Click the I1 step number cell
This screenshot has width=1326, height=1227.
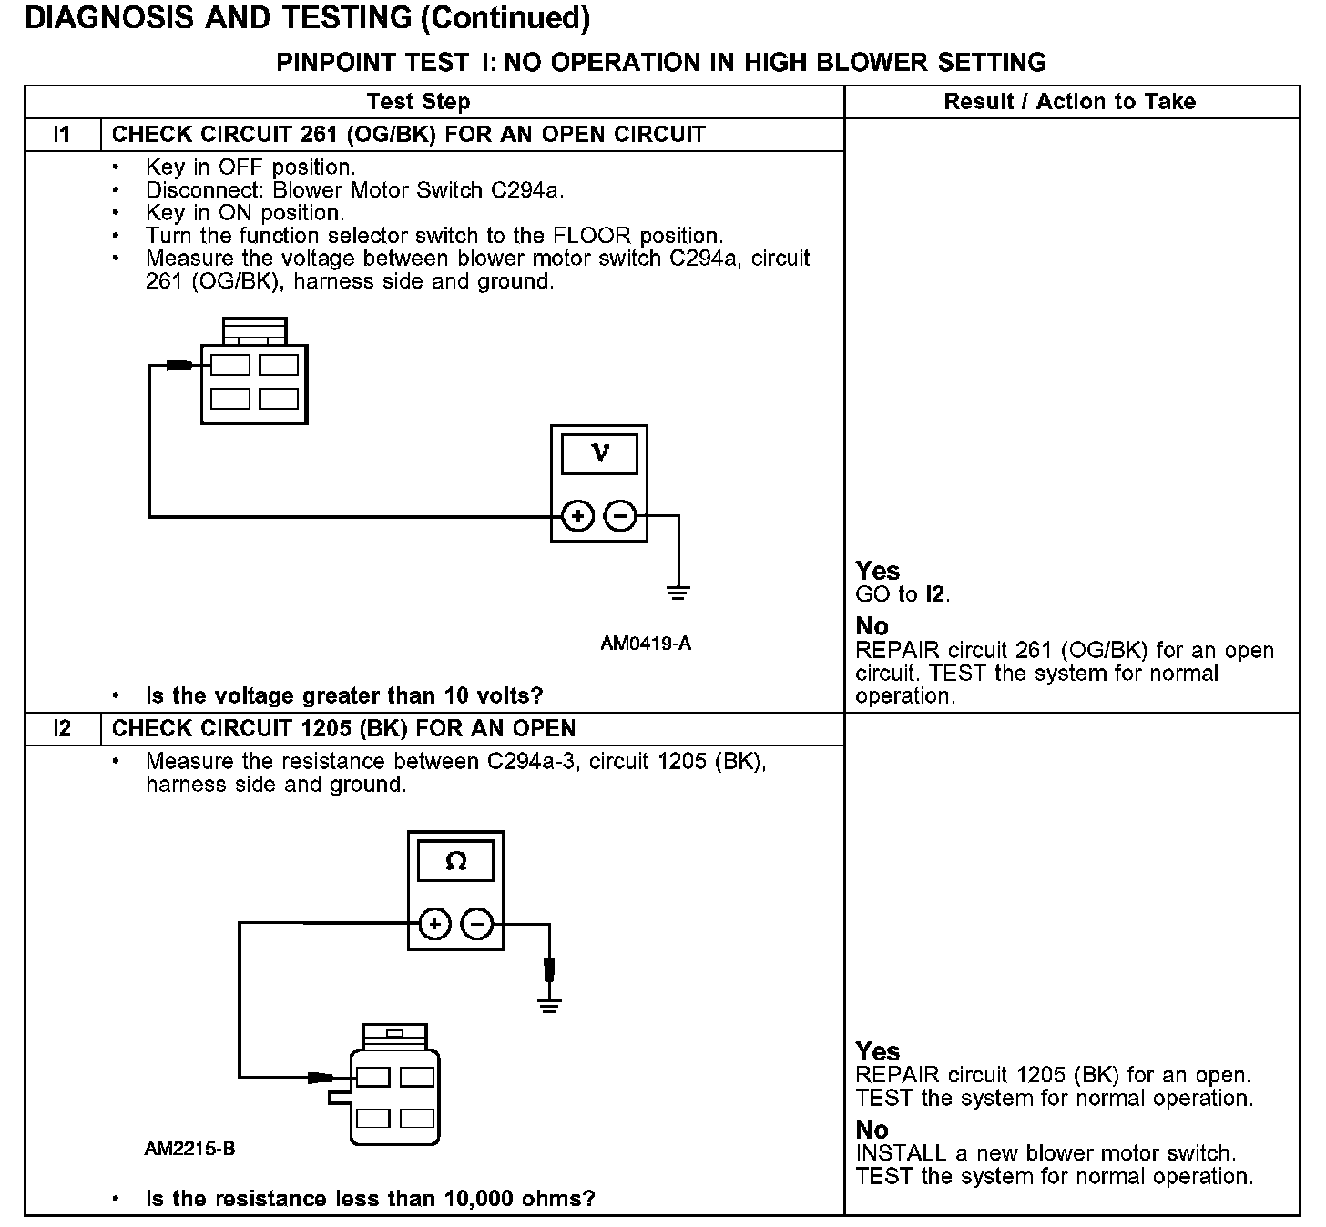pyautogui.click(x=62, y=135)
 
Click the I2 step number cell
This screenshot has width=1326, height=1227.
pyautogui.click(x=62, y=729)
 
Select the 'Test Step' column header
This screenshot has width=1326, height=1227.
pyautogui.click(x=418, y=102)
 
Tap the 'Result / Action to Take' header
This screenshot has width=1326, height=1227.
pyautogui.click(x=1070, y=102)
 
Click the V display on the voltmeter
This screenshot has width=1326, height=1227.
pyautogui.click(x=598, y=453)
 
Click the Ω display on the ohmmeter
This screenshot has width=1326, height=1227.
pyautogui.click(x=455, y=860)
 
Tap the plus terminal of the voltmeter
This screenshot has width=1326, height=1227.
pyautogui.click(x=576, y=516)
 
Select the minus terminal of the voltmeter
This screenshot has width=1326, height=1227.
pyautogui.click(x=621, y=516)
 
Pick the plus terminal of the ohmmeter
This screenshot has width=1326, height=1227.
pyautogui.click(x=434, y=925)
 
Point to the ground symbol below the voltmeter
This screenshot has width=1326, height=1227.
pyautogui.click(x=678, y=593)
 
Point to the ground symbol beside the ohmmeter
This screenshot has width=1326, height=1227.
pyautogui.click(x=548, y=1005)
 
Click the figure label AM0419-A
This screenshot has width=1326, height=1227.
pyautogui.click(x=646, y=644)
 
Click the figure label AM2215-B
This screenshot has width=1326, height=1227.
pyautogui.click(x=189, y=1149)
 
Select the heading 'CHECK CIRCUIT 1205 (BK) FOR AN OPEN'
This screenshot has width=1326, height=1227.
pyautogui.click(x=343, y=729)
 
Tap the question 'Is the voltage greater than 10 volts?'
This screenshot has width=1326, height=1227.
pyautogui.click(x=344, y=696)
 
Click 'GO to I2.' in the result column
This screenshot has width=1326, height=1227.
pyautogui.click(x=903, y=595)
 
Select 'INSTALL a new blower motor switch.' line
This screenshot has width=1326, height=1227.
pyautogui.click(x=1045, y=1153)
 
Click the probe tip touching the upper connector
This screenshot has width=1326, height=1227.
pyautogui.click(x=179, y=366)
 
